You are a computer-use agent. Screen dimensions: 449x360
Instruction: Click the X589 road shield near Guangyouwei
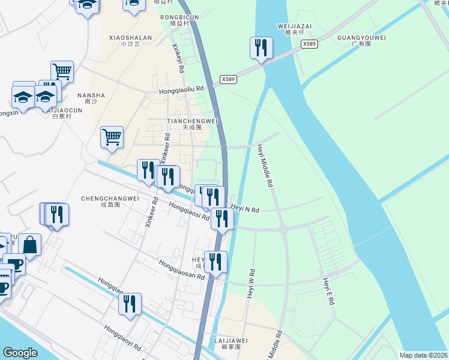click(x=309, y=44)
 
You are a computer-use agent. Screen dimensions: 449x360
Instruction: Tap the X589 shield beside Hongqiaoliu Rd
click(x=228, y=79)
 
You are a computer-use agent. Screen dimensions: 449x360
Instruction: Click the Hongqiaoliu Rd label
click(x=181, y=89)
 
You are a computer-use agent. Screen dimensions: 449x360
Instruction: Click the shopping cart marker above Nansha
click(x=62, y=71)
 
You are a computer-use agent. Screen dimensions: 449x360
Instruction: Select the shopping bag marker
click(x=29, y=244)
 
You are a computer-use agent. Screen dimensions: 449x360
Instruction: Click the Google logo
click(x=20, y=353)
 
